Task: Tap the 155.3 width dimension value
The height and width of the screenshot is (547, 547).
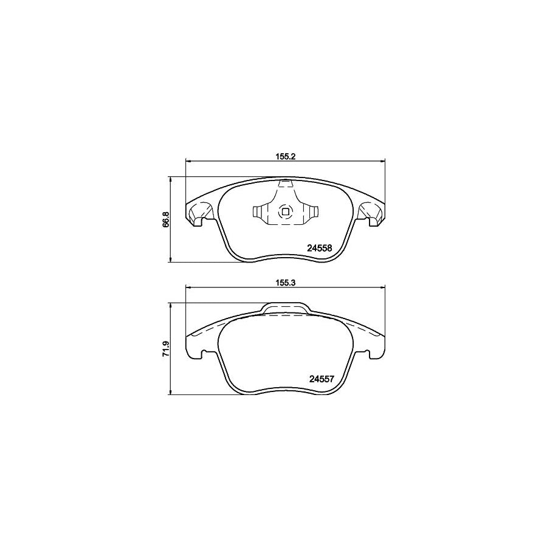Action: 284,283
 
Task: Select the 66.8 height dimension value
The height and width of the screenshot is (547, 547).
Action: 165,219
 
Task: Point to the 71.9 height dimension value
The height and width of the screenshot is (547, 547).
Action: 165,348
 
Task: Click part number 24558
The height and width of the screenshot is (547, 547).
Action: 318,248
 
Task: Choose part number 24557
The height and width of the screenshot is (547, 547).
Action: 318,377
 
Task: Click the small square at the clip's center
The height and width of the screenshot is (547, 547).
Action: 284,212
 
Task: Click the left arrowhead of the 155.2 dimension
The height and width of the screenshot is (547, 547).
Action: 187,161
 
